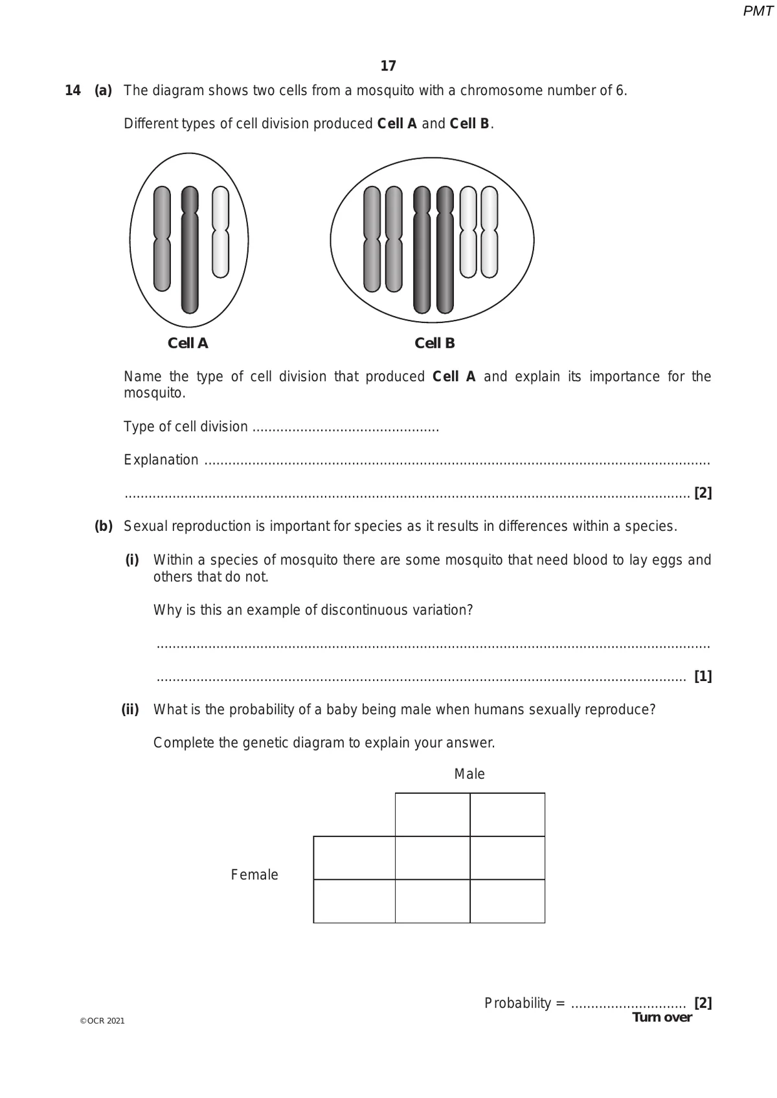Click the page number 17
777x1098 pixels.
388,66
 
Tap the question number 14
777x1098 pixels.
73,91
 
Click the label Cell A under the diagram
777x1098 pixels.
188,343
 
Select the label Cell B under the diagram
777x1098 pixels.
434,343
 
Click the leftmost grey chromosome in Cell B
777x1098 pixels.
372,239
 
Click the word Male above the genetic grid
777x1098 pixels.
469,774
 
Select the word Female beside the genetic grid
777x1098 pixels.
254,875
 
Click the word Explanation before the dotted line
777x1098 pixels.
161,460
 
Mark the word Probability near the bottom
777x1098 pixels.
517,1003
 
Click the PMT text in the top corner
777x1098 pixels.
758,11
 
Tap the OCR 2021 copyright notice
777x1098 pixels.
102,1021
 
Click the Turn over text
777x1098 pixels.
662,1017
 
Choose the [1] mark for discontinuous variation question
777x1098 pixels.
703,677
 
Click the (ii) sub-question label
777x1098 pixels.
131,710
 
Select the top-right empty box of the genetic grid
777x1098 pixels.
508,814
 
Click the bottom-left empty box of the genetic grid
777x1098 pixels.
354,901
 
